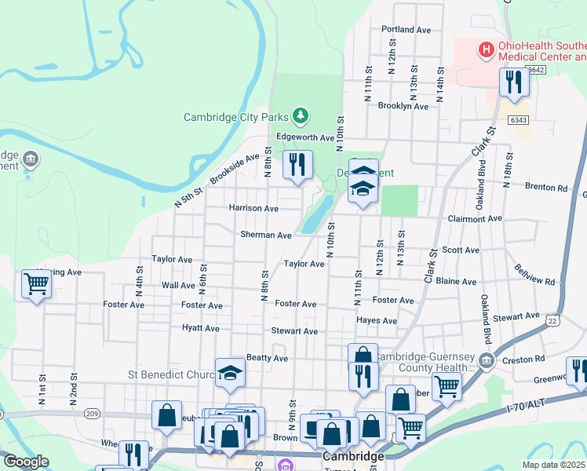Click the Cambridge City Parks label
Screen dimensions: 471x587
click(236, 117)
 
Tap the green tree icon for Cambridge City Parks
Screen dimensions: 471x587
click(300, 117)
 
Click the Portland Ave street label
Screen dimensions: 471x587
click(407, 30)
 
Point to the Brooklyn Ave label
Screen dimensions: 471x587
click(403, 106)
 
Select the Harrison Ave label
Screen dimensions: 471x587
click(253, 209)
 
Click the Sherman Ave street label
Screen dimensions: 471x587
click(265, 235)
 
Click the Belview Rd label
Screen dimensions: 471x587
click(535, 276)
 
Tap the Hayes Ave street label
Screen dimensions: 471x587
click(377, 321)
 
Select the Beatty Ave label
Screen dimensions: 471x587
click(267, 358)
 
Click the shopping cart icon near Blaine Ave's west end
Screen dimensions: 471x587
click(36, 285)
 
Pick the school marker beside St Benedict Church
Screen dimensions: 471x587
click(230, 372)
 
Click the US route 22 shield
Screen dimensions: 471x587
click(553, 321)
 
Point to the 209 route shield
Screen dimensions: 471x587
click(91, 414)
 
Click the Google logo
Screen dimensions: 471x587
click(27, 462)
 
